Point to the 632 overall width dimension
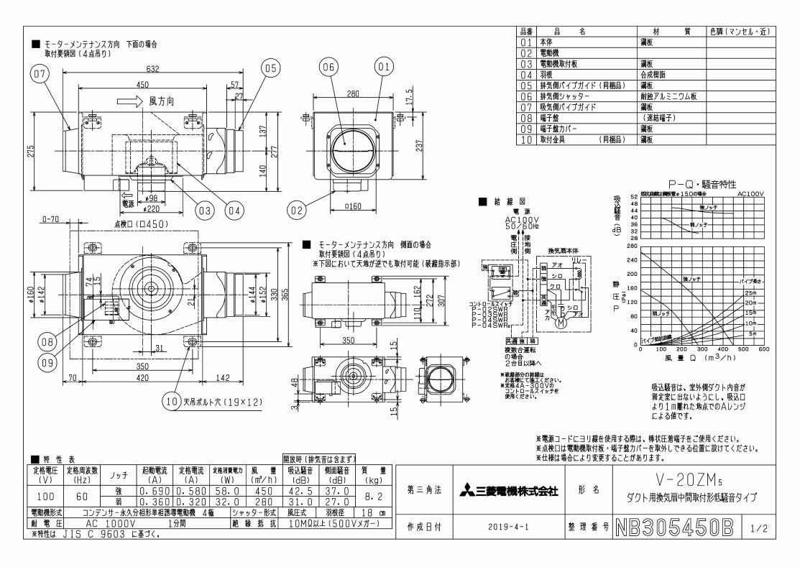click(x=151, y=70)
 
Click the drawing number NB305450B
click(x=675, y=527)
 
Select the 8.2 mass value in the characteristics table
click(x=375, y=496)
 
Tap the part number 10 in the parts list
click(x=526, y=139)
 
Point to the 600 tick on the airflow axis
click(x=763, y=349)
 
